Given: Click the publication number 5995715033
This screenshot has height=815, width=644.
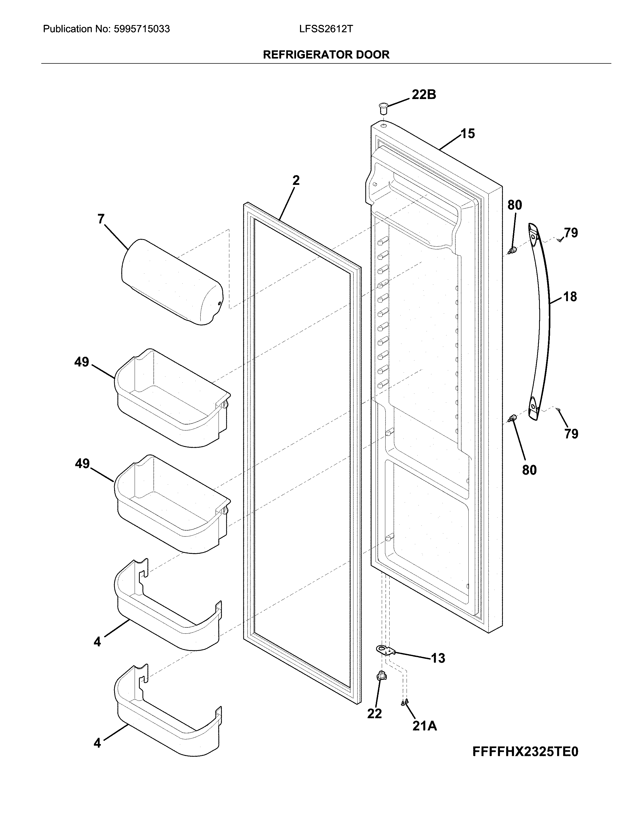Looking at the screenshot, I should [x=141, y=29].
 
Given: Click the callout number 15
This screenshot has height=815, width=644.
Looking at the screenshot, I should [x=468, y=134].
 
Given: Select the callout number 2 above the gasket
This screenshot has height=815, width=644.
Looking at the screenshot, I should [x=296, y=181].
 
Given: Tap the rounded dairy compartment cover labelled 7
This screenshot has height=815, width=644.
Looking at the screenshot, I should [x=172, y=282].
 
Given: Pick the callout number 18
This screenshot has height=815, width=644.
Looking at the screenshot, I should [x=570, y=297].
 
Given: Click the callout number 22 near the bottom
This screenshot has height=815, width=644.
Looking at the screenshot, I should [x=374, y=713].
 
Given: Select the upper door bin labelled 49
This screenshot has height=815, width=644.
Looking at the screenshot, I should [x=172, y=398].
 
